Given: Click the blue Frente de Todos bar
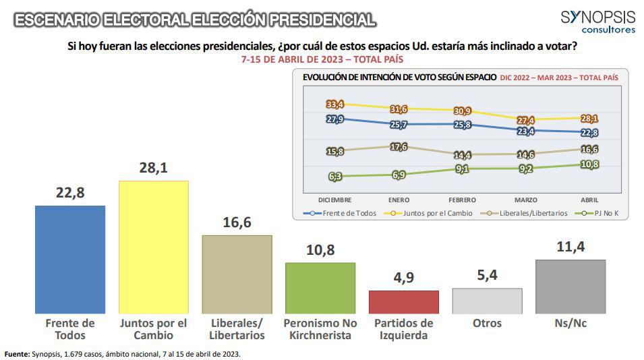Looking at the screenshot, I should click(x=70, y=259).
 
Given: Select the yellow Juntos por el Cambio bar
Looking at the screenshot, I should click(x=153, y=247).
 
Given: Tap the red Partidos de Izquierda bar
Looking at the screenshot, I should click(x=403, y=301).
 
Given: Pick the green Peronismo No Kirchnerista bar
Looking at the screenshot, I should click(x=320, y=287).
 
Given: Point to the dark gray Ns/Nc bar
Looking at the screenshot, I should click(x=570, y=286).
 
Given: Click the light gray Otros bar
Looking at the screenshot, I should click(x=487, y=301).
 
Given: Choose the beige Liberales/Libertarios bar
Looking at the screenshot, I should click(x=237, y=274).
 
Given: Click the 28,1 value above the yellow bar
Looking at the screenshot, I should click(x=154, y=169).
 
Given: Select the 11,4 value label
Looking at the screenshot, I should click(x=570, y=247).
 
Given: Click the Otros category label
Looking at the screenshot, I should click(x=487, y=323).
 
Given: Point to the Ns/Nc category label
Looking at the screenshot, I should click(x=570, y=323).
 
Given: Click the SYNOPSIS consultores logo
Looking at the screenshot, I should click(x=597, y=22).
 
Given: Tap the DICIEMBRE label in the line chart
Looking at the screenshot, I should click(x=334, y=200).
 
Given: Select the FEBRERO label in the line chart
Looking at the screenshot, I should click(x=462, y=200).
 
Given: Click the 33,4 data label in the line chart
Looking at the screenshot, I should click(x=335, y=104).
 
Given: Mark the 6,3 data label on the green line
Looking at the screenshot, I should click(x=335, y=177).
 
